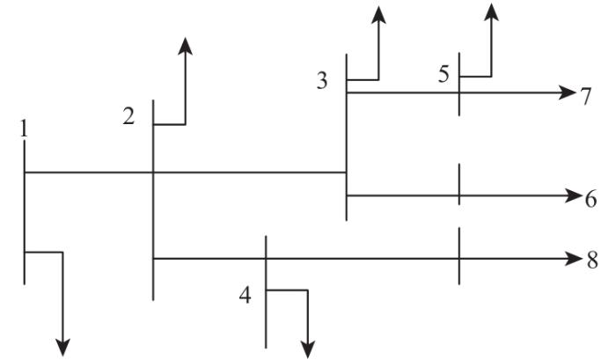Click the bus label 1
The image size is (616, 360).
click(24, 128)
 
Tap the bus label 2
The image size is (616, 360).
click(129, 116)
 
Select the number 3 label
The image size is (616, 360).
click(322, 81)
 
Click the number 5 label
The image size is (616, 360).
click(444, 74)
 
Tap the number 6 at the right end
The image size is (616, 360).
click(590, 198)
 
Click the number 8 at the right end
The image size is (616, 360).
click(592, 261)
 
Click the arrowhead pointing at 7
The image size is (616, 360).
click(568, 92)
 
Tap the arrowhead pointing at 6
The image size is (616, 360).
click(568, 195)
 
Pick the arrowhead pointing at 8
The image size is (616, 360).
click(568, 258)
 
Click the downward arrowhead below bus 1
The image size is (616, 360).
click(62, 348)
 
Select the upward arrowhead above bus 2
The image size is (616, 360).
click(185, 46)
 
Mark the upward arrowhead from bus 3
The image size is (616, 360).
click(378, 13)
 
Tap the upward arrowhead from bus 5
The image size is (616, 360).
click(491, 11)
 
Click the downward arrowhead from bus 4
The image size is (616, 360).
click(307, 349)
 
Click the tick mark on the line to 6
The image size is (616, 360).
click(458, 185)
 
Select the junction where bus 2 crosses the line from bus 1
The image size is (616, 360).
click(154, 173)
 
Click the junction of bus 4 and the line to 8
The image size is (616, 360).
click(266, 258)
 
